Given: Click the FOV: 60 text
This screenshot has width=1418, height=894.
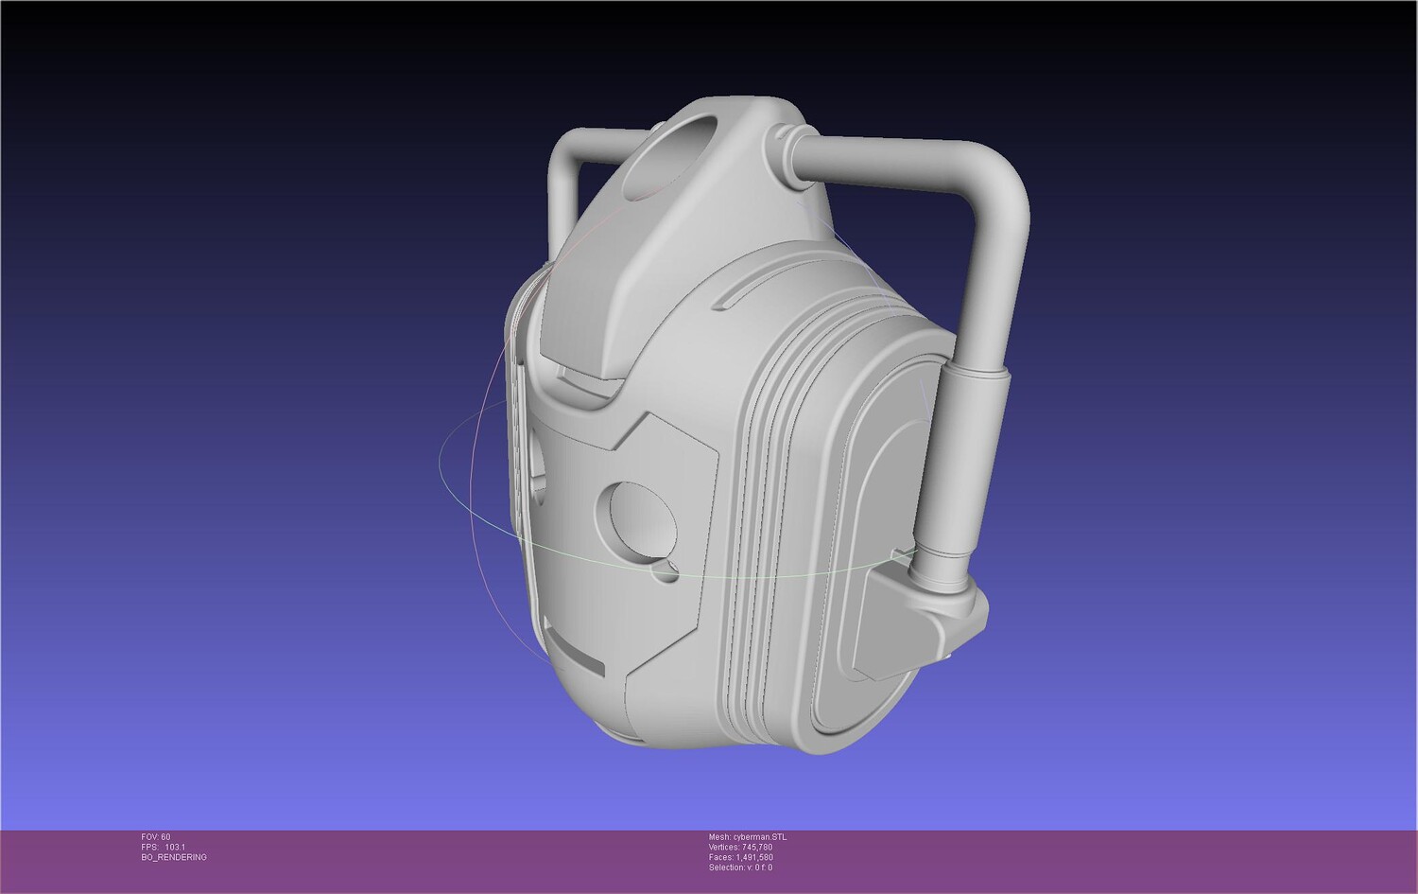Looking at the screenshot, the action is tap(156, 837).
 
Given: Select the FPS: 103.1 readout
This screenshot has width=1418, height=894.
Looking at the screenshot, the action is tap(164, 847).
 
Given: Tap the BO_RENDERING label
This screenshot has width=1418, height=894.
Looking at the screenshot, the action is tap(174, 857).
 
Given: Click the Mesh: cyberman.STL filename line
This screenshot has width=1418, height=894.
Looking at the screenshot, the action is tap(748, 837).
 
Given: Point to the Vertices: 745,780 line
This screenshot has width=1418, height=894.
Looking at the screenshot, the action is tap(740, 847).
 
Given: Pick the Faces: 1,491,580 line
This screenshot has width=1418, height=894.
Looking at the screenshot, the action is tap(740, 857).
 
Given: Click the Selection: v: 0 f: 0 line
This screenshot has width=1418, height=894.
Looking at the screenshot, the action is tap(740, 868).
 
